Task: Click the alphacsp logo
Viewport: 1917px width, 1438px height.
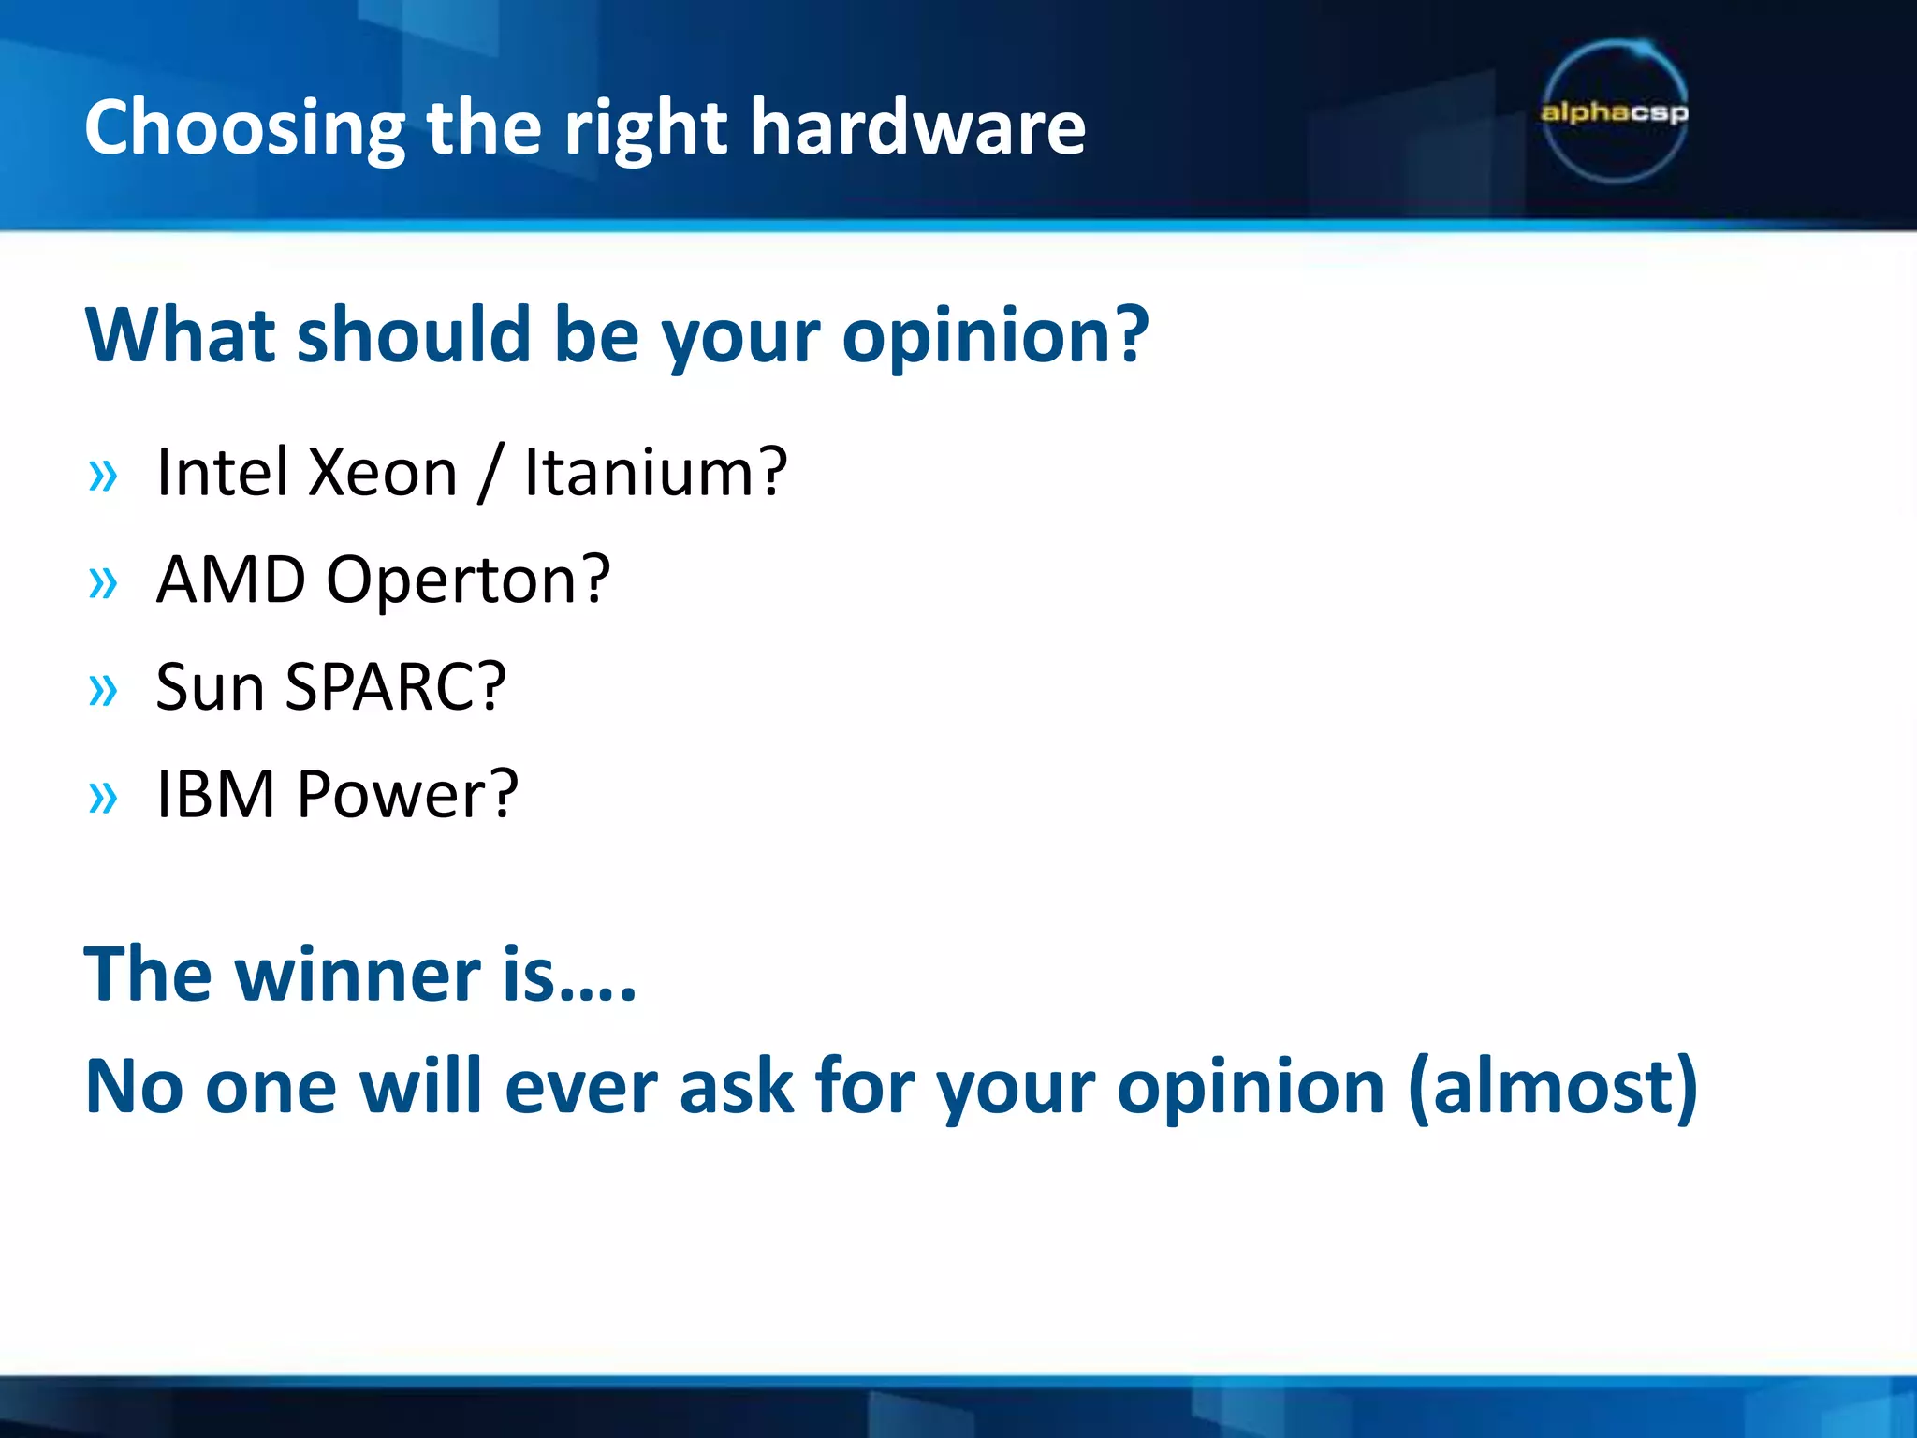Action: pyautogui.click(x=1614, y=112)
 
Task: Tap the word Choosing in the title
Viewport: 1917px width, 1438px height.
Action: pyautogui.click(x=244, y=129)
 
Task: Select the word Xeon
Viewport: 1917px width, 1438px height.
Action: pyautogui.click(x=382, y=472)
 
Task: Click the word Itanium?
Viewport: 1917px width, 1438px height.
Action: pyautogui.click(x=655, y=472)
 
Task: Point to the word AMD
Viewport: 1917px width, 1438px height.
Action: pyautogui.click(x=230, y=580)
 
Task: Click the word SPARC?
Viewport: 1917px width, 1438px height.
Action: pyautogui.click(x=395, y=687)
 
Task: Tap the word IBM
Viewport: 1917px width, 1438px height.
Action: pyautogui.click(x=215, y=794)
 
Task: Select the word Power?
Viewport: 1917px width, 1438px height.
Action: pyautogui.click(x=407, y=794)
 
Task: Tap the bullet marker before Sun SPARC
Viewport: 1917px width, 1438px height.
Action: pyautogui.click(x=103, y=692)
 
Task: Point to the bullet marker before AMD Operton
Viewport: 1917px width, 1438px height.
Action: pyautogui.click(x=103, y=584)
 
